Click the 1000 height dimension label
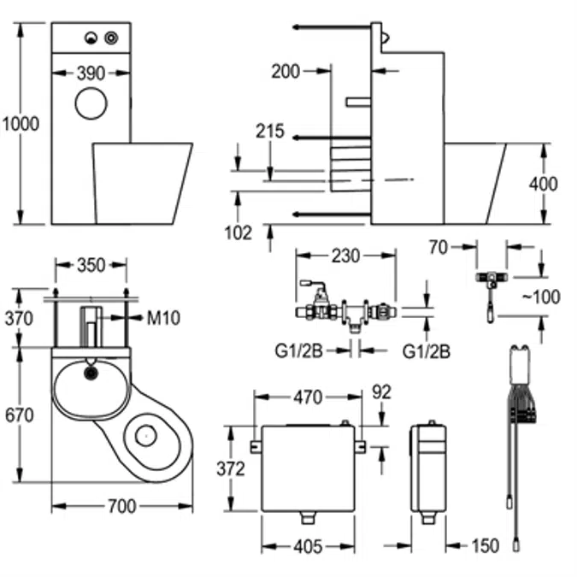point(21,124)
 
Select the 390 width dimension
point(91,74)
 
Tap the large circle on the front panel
point(91,103)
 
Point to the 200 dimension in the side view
point(286,72)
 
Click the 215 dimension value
point(270,132)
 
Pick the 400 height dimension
point(544,184)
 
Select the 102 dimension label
point(238,233)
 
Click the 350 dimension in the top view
point(91,265)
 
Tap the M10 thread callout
point(163,318)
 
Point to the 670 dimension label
point(19,415)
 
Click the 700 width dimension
point(122,506)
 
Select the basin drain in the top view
point(91,374)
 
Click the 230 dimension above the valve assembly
point(345,256)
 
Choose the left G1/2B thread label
point(299,351)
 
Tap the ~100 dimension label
point(541,297)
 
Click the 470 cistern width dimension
point(308,397)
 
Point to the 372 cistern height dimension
point(231,468)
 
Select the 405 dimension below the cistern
point(308,547)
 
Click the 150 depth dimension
point(486,545)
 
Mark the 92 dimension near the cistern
point(381,392)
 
